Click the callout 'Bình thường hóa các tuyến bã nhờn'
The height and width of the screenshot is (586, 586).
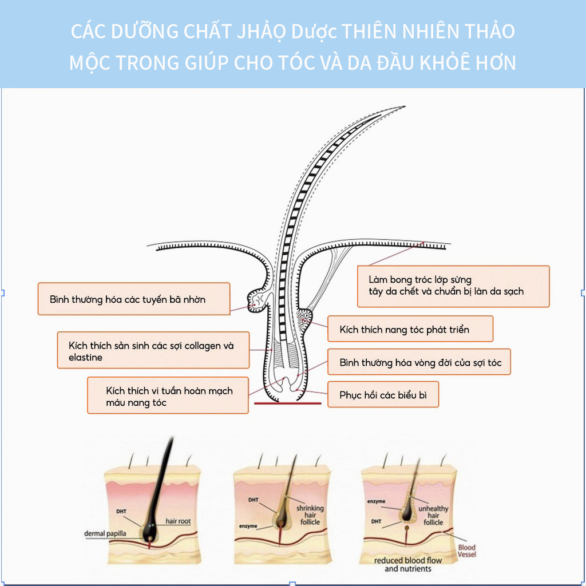[134, 299]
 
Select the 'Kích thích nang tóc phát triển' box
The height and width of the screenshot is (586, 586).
[410, 329]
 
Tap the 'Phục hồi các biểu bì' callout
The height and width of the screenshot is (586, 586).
[383, 395]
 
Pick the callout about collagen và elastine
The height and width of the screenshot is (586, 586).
[153, 350]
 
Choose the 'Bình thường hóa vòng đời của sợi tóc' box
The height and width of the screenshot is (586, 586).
[419, 362]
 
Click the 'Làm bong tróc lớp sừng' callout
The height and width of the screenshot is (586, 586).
[453, 286]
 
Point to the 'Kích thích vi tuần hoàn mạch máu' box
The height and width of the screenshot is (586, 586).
[168, 395]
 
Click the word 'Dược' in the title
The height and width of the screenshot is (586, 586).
[314, 31]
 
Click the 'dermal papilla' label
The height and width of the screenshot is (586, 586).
[105, 533]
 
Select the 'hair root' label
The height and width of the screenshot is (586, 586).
[178, 521]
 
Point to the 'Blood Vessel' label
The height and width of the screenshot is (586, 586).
[467, 551]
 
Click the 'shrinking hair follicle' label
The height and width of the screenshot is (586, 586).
[310, 515]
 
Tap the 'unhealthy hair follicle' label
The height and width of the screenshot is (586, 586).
[433, 516]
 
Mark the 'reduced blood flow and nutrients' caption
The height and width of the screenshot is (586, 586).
[407, 564]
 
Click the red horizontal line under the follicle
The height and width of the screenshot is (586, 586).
[287, 403]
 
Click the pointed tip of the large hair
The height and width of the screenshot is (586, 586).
[405, 107]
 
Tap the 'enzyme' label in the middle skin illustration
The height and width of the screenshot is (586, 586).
[248, 526]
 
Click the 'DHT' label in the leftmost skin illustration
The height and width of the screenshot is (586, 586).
[121, 511]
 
